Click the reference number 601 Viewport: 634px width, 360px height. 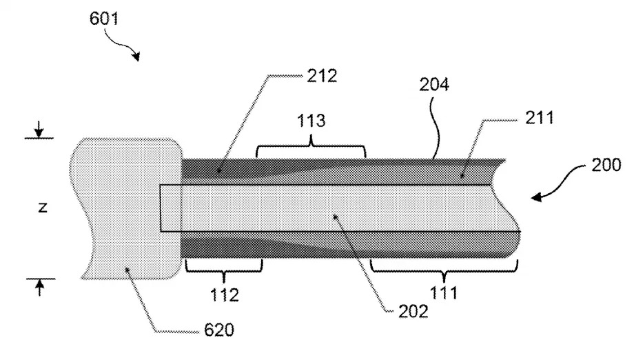tap(104, 19)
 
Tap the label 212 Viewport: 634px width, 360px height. tap(322, 76)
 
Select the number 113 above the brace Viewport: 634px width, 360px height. tap(311, 121)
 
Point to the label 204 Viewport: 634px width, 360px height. tap(434, 85)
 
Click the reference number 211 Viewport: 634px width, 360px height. tap(540, 118)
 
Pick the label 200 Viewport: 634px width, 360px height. tap(606, 165)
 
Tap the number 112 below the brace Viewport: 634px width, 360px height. tap(225, 295)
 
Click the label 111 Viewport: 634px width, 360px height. tap(444, 293)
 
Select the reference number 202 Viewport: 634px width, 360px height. tap(413, 312)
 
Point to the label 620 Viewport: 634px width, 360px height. tap(219, 330)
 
